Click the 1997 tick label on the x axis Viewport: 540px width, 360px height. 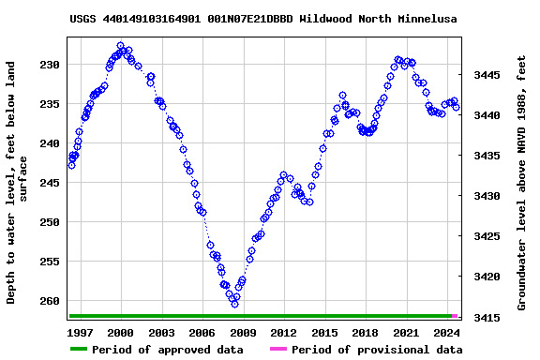pos(81,333)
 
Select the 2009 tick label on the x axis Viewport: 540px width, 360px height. pos(243,333)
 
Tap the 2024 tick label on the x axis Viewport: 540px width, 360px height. pos(447,333)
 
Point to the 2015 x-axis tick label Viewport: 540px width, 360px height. pos(324,333)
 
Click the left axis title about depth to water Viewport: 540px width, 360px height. pos(18,183)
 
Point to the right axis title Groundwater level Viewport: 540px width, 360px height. pos(522,183)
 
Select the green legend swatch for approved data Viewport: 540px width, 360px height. pos(78,350)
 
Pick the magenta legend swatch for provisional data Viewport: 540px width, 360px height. pos(278,350)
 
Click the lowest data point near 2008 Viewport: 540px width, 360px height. pos(234,304)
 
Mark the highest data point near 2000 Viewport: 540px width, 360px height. pos(120,45)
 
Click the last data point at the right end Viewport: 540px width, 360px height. pos(456,107)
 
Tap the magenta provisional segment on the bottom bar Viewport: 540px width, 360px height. pos(455,316)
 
